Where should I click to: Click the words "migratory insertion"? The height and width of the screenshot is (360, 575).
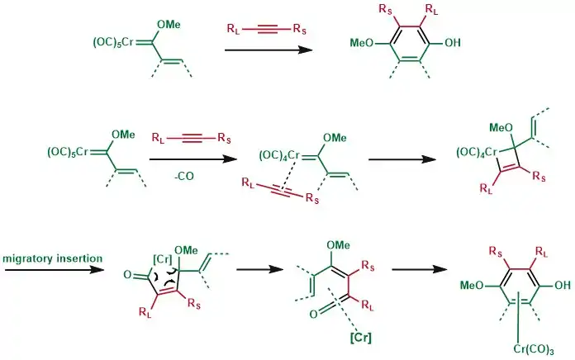53,259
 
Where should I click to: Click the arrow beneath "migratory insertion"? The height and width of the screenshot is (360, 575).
53,269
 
